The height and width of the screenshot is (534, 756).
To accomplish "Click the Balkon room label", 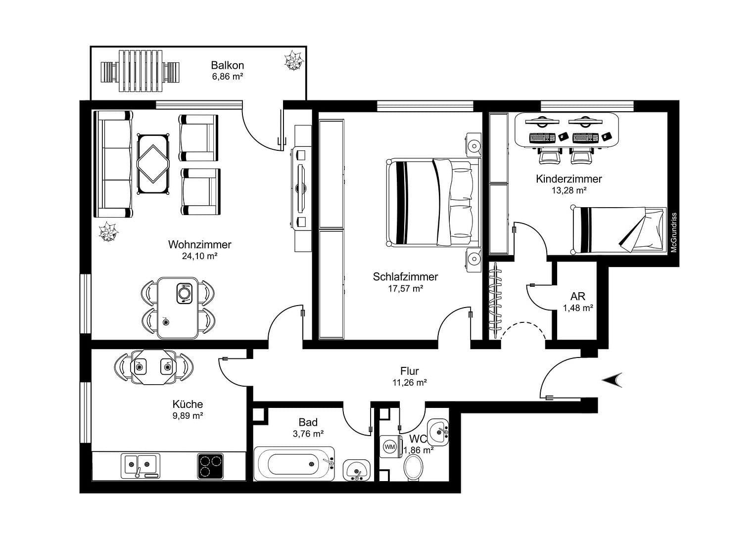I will pos(227,65).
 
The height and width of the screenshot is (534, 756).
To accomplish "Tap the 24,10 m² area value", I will pos(199,256).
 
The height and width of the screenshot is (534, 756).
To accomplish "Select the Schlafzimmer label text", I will pos(405,277).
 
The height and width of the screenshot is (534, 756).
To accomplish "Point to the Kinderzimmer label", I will pos(568,179).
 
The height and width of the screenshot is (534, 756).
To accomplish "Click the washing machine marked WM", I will pos(390,447).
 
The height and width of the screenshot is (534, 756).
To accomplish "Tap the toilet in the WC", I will pos(414,467).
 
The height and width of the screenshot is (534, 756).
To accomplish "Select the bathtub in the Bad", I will pos(294,464).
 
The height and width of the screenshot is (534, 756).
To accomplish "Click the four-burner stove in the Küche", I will pos(210,466).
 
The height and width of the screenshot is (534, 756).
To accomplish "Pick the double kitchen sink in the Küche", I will pos(140,465).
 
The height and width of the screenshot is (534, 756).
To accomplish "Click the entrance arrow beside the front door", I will pos(612,380).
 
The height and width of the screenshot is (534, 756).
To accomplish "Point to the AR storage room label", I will pos(577,297).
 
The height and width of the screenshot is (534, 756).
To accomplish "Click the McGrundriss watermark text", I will pos(673,232).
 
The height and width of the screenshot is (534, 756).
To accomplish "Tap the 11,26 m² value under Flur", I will pos(409,382).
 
